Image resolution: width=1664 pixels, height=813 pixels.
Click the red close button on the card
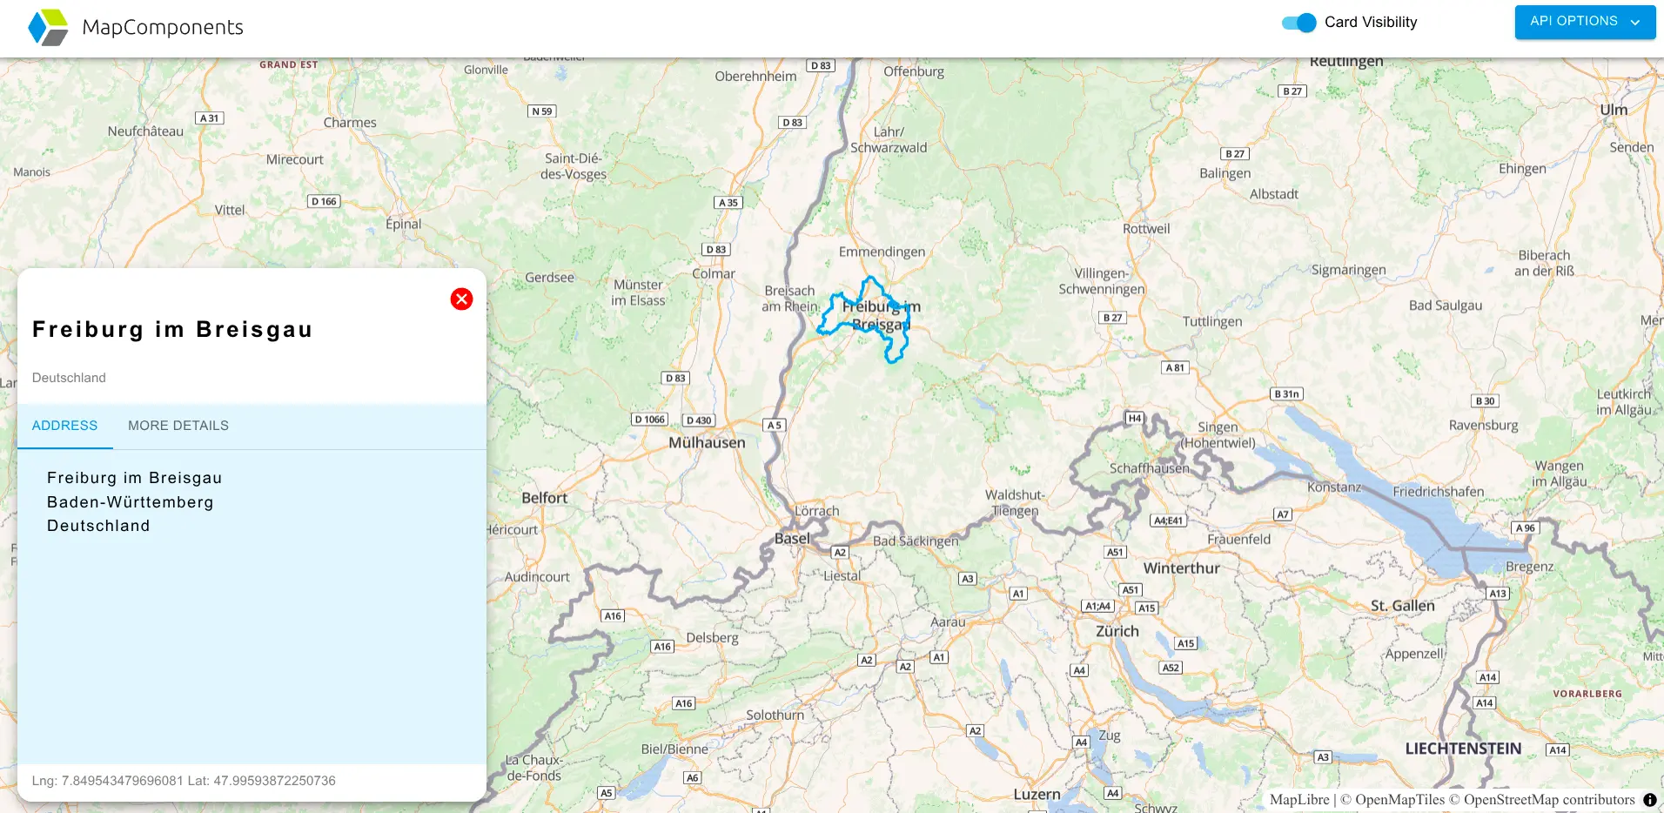pyautogui.click(x=461, y=299)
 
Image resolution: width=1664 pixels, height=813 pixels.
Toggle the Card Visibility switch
pyautogui.click(x=1299, y=23)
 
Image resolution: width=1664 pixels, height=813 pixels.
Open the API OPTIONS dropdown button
pyautogui.click(x=1584, y=22)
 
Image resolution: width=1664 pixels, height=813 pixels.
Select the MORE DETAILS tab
pyautogui.click(x=178, y=426)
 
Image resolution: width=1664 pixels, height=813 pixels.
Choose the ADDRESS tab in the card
pyautogui.click(x=65, y=426)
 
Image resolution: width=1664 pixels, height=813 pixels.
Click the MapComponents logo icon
pyautogui.click(x=48, y=27)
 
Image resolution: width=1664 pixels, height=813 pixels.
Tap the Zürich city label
pyautogui.click(x=1117, y=631)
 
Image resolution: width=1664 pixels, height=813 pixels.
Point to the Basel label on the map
pyautogui.click(x=792, y=539)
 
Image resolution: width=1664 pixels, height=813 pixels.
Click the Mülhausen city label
pyautogui.click(x=707, y=442)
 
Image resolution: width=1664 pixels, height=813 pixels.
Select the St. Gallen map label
pyautogui.click(x=1402, y=606)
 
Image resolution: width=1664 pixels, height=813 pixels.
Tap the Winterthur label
pyautogui.click(x=1181, y=568)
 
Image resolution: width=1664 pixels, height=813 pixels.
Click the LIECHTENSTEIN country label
pyautogui.click(x=1463, y=749)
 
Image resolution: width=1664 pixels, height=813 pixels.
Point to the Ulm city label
pyautogui.click(x=1613, y=110)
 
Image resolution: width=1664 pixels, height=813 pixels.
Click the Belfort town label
pyautogui.click(x=544, y=498)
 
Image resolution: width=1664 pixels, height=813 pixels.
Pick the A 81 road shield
pyautogui.click(x=1175, y=368)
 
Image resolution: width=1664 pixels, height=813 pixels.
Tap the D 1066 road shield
pyautogui.click(x=649, y=420)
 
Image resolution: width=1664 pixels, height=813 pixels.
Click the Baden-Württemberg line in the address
pyautogui.click(x=131, y=502)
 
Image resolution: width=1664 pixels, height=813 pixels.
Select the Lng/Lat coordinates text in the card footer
pyautogui.click(x=184, y=781)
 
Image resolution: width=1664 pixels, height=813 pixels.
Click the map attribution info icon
pyautogui.click(x=1649, y=800)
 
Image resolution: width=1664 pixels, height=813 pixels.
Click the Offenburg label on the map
pyautogui.click(x=914, y=71)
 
